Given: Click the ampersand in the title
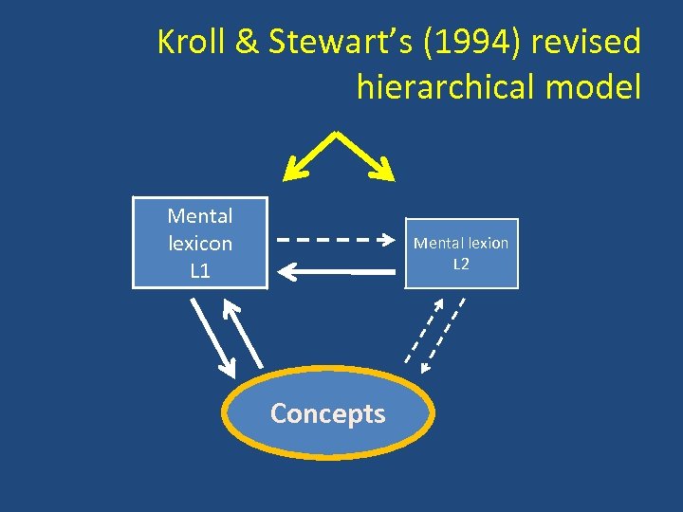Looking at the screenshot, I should [x=246, y=42].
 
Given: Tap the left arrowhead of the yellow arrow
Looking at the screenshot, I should [x=293, y=172].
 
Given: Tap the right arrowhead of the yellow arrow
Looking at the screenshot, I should [x=383, y=172].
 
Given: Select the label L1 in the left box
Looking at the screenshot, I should [x=200, y=271].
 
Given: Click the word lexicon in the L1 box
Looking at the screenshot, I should [x=200, y=244].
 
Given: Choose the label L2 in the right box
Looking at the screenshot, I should [x=460, y=265].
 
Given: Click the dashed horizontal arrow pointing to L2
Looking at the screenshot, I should [x=337, y=239].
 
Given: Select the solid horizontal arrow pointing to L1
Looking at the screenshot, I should [x=337, y=272].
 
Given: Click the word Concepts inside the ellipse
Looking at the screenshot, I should [x=327, y=413].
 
